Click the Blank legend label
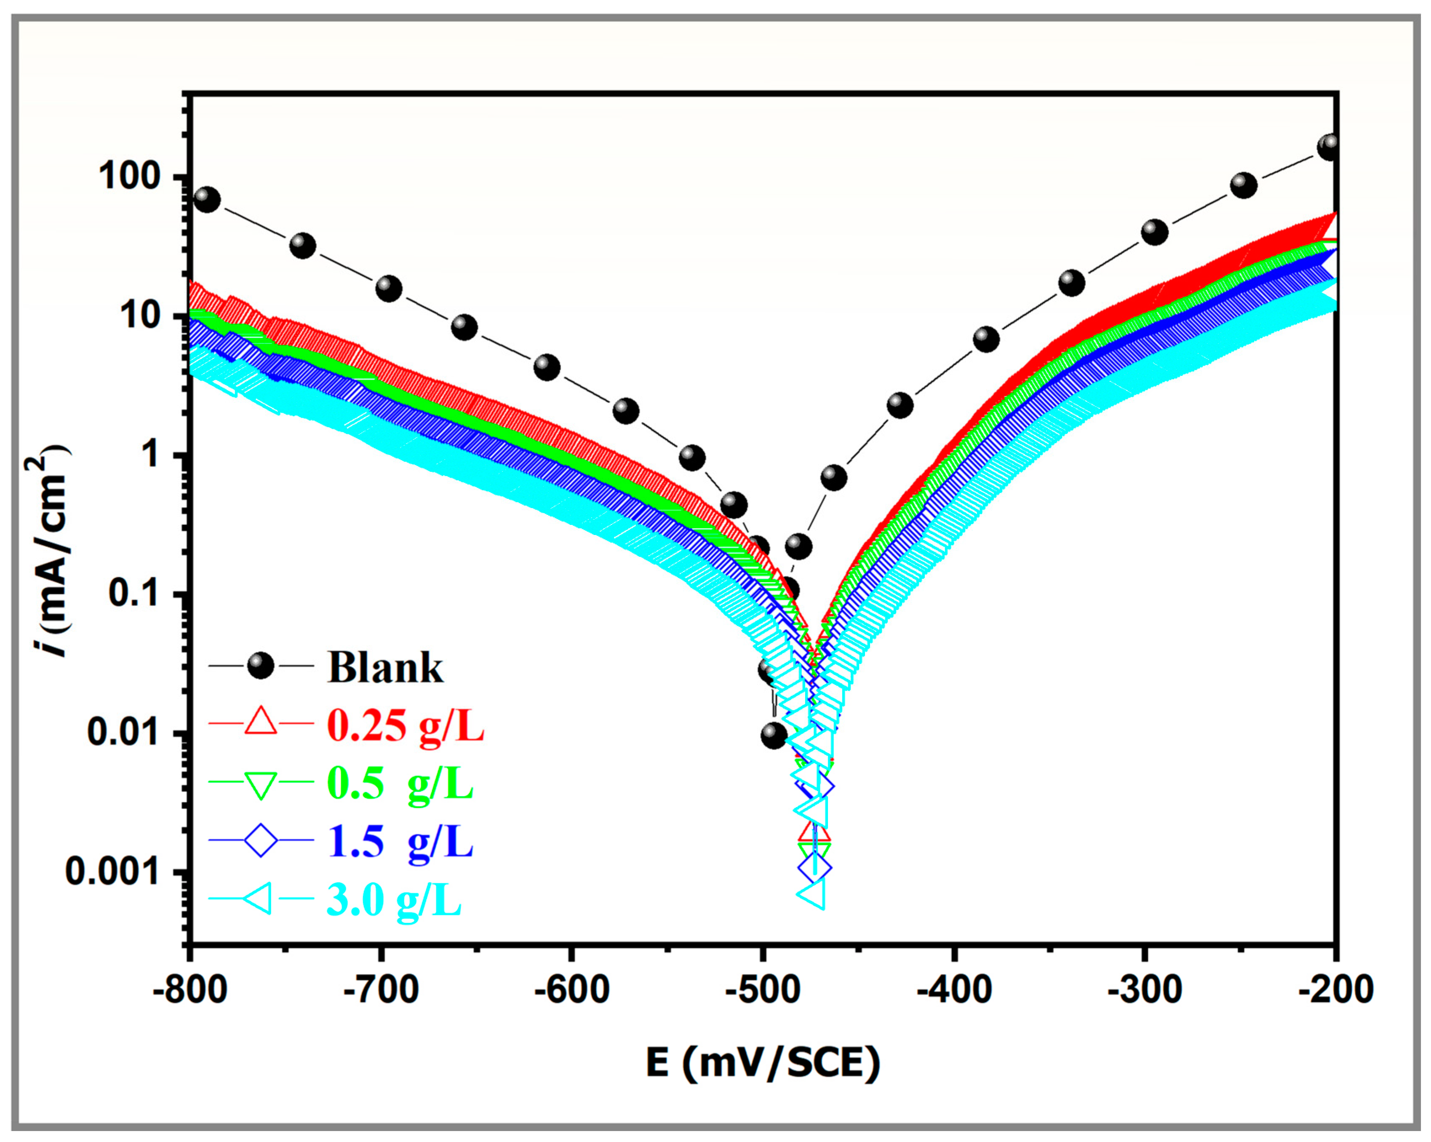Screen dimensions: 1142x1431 pos(385,667)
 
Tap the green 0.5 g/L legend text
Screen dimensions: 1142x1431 pos(400,784)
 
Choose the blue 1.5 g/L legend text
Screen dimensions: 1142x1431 pos(400,842)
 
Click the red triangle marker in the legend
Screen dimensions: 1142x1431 pos(260,722)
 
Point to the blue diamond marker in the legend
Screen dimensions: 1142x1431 pos(260,840)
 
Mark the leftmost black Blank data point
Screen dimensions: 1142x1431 pos(206,199)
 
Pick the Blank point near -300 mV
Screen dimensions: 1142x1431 pos(1155,232)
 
